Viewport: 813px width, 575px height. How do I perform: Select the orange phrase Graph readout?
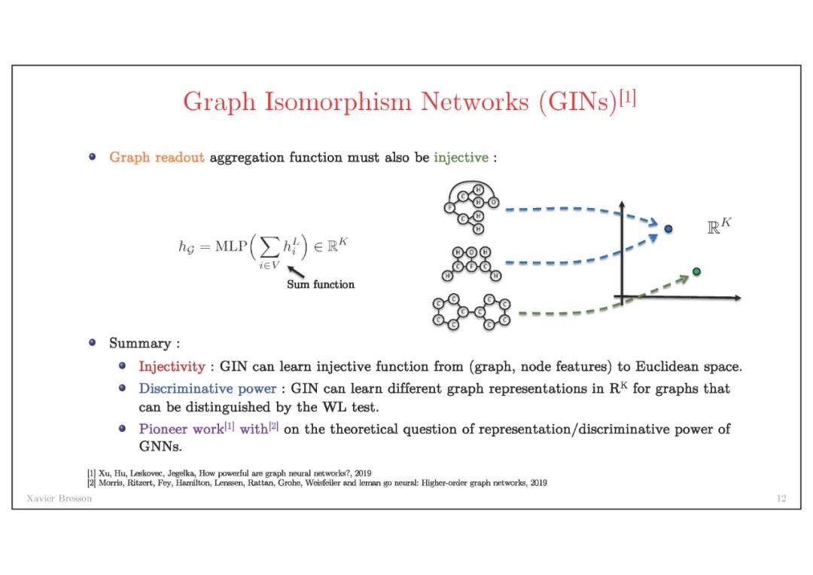tap(157, 158)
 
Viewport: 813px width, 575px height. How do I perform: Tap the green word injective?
tap(461, 158)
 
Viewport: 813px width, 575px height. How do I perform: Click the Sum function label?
tap(320, 285)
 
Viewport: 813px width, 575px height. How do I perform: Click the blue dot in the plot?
tap(668, 228)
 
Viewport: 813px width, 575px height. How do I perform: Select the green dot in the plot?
tap(696, 271)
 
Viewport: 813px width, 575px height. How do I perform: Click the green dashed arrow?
tap(602, 305)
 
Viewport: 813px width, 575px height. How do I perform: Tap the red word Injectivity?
tap(172, 367)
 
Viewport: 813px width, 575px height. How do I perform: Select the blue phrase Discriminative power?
tap(207, 389)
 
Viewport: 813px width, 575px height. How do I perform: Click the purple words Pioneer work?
tap(181, 429)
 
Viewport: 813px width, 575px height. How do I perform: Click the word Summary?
tap(140, 344)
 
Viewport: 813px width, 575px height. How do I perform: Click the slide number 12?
tap(781, 499)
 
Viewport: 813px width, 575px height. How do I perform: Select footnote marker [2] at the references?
tap(91, 482)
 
